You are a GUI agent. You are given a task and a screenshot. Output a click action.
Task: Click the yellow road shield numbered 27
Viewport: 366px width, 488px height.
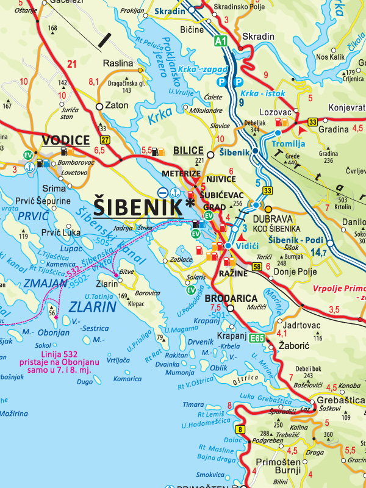click(105, 141)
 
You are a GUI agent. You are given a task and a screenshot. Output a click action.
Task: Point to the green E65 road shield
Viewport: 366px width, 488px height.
click(257, 337)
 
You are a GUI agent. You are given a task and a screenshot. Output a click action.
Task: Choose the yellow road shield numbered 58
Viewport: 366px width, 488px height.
click(257, 267)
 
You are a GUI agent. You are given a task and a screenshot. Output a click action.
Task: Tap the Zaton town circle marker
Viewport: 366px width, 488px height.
click(99, 106)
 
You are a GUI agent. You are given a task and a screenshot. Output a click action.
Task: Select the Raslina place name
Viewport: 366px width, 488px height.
click(118, 63)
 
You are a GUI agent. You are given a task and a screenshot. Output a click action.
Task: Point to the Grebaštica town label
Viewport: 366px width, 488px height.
click(339, 400)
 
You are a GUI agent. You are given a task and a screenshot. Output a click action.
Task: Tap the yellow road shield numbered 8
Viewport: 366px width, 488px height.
click(241, 430)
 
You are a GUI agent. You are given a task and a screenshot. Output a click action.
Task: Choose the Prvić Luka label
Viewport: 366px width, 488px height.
click(61, 232)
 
